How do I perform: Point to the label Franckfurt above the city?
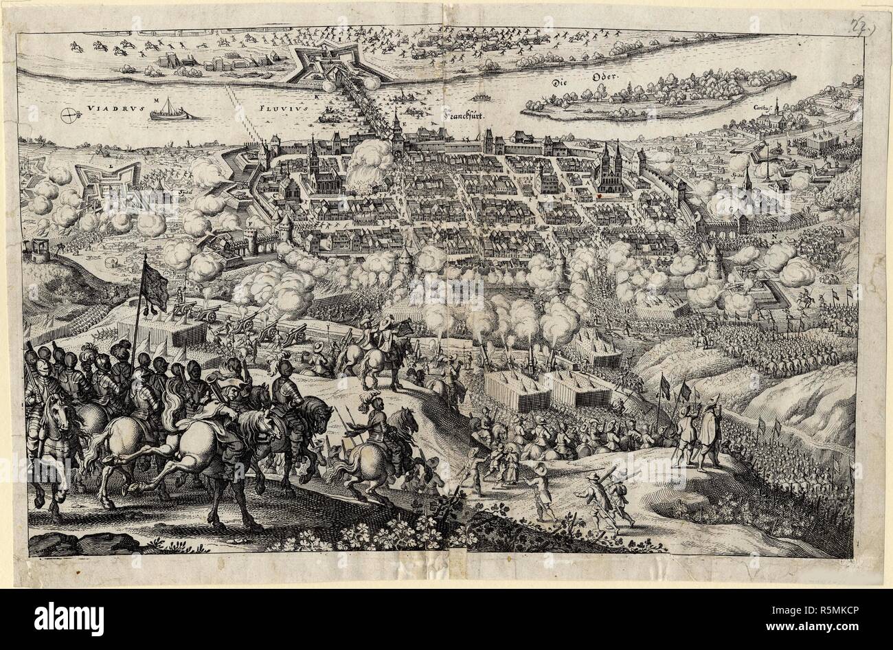461,117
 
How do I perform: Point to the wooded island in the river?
653,100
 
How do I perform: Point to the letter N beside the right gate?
774,238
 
